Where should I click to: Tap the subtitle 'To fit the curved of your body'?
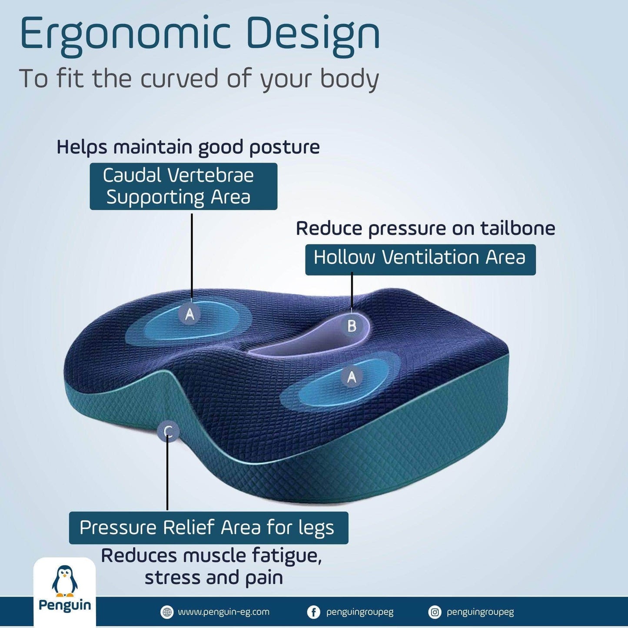[x=199, y=79]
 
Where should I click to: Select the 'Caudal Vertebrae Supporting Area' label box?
[x=183, y=186]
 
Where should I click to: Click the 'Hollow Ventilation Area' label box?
[x=420, y=259]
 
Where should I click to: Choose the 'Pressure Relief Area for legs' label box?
[x=208, y=528]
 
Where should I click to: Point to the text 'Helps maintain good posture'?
[x=188, y=147]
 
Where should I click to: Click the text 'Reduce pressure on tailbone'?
[x=425, y=228]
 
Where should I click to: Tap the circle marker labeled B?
[x=352, y=326]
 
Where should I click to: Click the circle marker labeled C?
[x=168, y=432]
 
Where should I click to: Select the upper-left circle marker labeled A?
[x=189, y=313]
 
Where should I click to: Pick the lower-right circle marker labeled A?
[x=352, y=376]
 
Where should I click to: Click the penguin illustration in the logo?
[x=64, y=581]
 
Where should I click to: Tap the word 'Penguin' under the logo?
[x=65, y=605]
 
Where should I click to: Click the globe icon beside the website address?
[x=166, y=612]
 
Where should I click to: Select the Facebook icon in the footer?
[x=313, y=612]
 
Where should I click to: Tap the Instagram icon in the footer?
[x=434, y=612]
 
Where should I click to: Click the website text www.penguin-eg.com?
[x=223, y=612]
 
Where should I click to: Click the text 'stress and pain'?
[x=213, y=578]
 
